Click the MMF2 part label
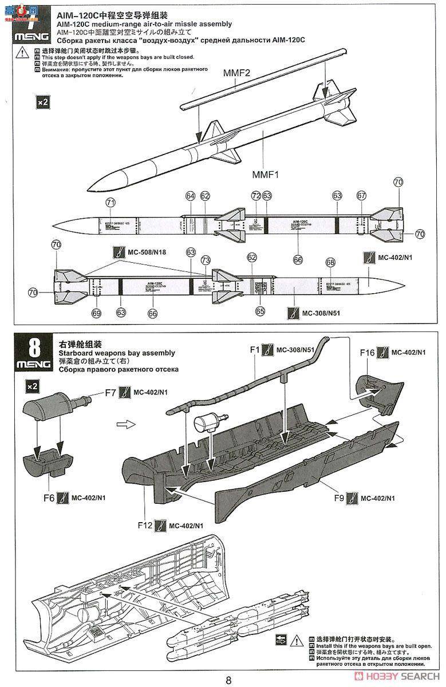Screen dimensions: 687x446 click(237, 72)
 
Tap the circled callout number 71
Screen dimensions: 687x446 click(110, 203)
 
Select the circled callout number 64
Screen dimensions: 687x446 click(191, 196)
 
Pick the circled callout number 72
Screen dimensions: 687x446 click(256, 196)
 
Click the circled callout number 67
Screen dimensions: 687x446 click(361, 196)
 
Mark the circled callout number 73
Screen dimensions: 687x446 click(206, 260)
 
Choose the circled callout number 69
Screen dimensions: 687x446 click(96, 313)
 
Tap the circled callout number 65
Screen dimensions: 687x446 click(261, 311)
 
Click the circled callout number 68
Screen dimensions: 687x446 click(330, 262)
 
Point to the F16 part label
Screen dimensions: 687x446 click(368, 353)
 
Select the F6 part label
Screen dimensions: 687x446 click(48, 498)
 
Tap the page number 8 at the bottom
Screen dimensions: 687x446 click(228, 680)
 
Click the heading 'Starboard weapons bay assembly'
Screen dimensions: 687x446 click(116, 353)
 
